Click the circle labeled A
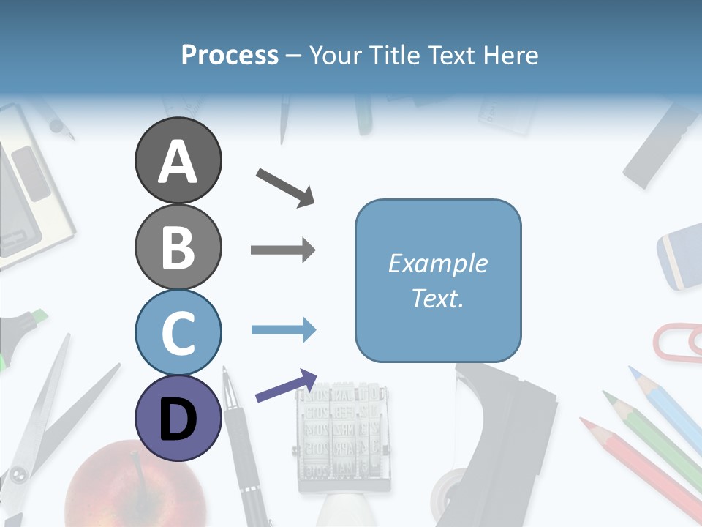tap(178, 160)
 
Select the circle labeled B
tap(178, 247)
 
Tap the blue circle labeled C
tap(178, 332)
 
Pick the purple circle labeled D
tap(178, 418)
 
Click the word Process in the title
tap(230, 55)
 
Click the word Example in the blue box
tap(437, 263)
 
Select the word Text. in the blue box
tap(437, 298)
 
